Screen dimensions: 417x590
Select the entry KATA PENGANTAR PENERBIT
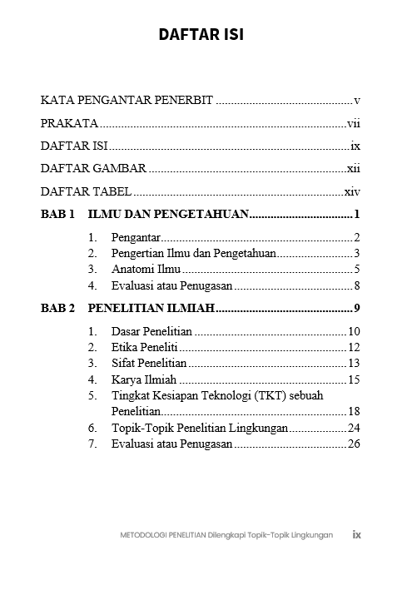(x=127, y=101)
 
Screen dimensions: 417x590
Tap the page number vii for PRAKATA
(x=352, y=124)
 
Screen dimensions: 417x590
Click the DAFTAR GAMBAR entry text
(x=94, y=169)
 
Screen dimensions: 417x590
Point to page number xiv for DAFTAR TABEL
(x=351, y=191)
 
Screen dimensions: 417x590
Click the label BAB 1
(x=57, y=215)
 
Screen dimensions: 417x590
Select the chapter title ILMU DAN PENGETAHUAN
(x=168, y=215)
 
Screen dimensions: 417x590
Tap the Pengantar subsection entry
(x=136, y=237)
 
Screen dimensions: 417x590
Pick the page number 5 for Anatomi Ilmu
(x=355, y=270)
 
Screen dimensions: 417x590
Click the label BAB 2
(x=57, y=309)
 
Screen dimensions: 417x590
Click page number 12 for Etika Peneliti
(x=353, y=347)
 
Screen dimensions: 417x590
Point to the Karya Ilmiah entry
(x=138, y=379)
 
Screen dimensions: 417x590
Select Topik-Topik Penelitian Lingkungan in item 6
(x=200, y=428)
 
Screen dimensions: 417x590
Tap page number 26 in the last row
(x=353, y=444)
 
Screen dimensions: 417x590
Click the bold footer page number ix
(x=356, y=534)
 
